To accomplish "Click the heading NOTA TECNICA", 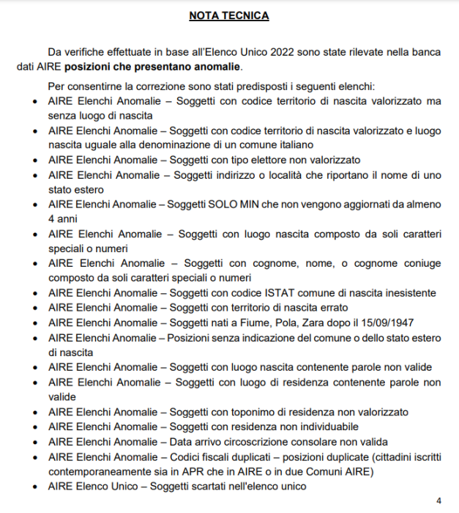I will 228,15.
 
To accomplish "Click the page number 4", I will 439,501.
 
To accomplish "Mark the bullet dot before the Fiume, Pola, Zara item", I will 37,323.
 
